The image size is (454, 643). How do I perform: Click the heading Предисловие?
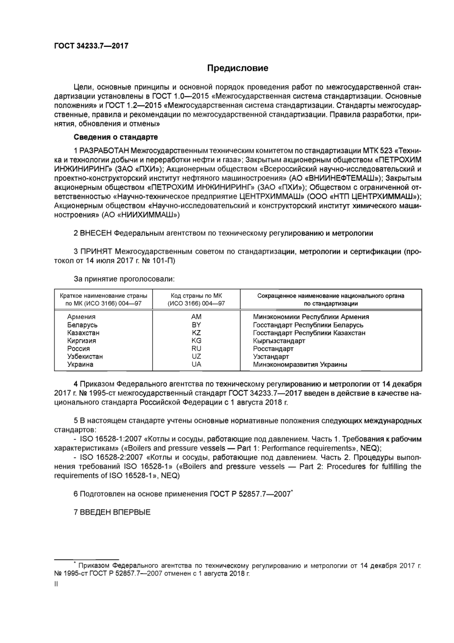point(238,68)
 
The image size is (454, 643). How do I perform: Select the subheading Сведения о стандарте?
point(115,137)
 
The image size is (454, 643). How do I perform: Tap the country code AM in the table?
point(196,317)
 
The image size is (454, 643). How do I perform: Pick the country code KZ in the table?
point(196,333)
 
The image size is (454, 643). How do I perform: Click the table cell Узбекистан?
point(85,356)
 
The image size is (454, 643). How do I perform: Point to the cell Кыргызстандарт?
point(279,341)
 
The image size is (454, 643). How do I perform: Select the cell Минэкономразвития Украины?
point(300,365)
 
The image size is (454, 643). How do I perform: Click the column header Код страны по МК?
point(196,296)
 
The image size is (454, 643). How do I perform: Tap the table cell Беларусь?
point(82,325)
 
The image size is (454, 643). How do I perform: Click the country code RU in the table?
point(196,348)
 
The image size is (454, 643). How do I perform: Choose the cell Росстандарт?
point(273,349)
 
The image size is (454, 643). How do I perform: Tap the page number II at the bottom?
point(56,584)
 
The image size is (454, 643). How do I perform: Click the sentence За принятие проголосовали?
point(124,278)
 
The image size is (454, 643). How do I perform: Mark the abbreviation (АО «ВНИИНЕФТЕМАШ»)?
point(332,177)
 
